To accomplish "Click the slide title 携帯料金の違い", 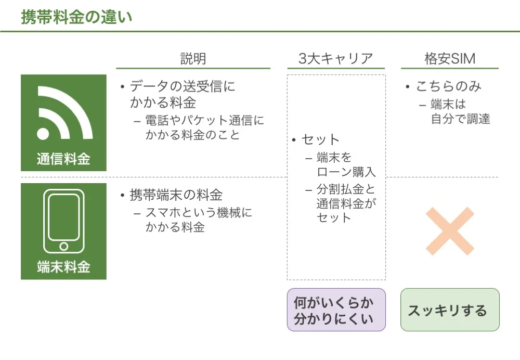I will coord(76,17).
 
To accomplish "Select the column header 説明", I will coord(193,58).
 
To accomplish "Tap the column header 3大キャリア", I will coord(336,58).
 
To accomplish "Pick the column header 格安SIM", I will coord(450,58).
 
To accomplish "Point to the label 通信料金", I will coord(63,159).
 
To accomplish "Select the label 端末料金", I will coord(63,267).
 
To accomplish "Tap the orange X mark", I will coord(450,232).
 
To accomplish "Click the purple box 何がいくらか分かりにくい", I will coord(336,310).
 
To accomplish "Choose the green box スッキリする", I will coord(450,310).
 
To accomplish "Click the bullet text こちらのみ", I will coord(448,86).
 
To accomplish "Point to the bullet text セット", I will coord(320,139).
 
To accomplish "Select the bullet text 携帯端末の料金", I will coord(176,195).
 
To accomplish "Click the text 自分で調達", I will coord(460,119).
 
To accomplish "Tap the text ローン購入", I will coord(346,172).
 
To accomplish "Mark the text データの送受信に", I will coord(183,86).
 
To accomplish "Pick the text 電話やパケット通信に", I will coord(205,121).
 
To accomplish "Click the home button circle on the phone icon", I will coord(63,246).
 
